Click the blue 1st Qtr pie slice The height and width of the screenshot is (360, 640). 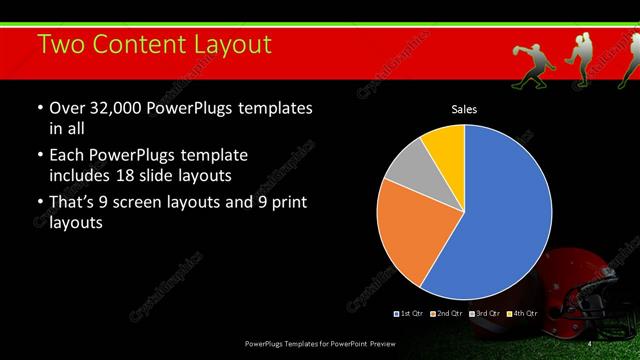pos(505,215)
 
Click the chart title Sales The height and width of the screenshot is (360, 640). pos(463,108)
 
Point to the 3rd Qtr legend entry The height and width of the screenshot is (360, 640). pos(485,314)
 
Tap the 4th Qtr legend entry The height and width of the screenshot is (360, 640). pos(522,314)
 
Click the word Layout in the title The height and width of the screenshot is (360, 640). pos(224,44)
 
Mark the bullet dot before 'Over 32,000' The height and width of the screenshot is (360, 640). pos(40,108)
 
